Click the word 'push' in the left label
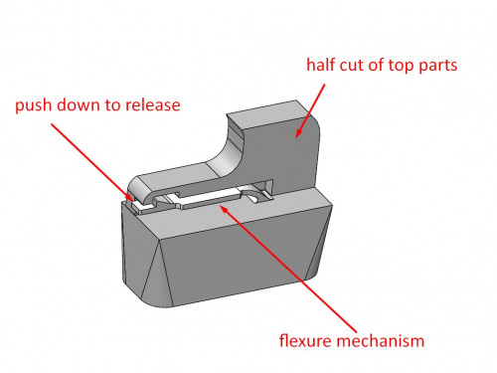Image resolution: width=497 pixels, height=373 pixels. pyautogui.click(x=34, y=105)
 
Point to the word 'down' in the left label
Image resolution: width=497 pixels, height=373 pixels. pyautogui.click(x=80, y=105)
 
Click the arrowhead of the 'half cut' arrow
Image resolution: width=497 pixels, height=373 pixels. pyautogui.click(x=296, y=132)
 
